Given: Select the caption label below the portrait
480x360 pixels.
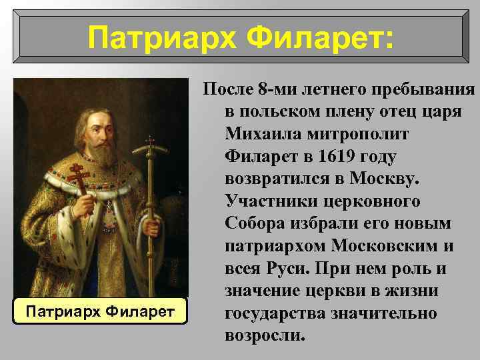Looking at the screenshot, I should [x=99, y=311].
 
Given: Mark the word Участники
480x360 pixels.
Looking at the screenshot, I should [x=264, y=201].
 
